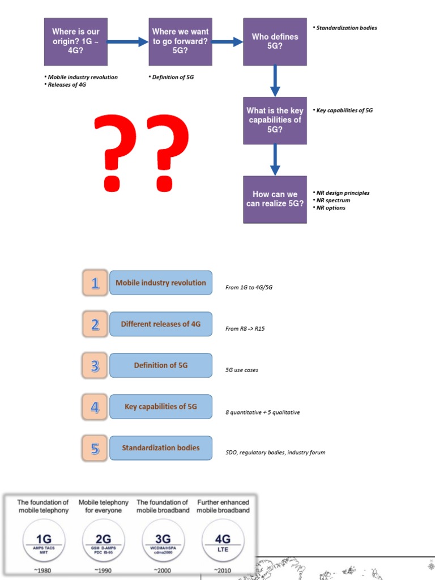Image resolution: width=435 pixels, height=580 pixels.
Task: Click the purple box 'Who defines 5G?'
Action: [x=275, y=41]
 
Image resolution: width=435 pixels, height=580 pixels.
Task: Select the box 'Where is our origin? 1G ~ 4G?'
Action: [x=76, y=41]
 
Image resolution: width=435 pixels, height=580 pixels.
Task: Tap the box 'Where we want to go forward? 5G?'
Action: [x=180, y=41]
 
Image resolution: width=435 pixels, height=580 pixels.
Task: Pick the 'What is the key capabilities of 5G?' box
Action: [x=275, y=120]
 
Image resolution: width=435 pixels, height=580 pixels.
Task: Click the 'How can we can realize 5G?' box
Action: [x=275, y=199]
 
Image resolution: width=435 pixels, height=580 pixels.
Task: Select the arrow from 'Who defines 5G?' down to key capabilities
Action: [x=275, y=80]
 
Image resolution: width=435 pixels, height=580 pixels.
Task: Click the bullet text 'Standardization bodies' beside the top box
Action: [x=346, y=28]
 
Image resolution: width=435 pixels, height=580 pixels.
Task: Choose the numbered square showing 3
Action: [x=95, y=365]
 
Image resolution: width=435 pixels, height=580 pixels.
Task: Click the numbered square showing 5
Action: [x=95, y=448]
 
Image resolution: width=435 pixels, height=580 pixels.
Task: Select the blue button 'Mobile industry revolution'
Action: [x=161, y=283]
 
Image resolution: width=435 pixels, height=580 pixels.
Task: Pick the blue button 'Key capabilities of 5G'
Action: [x=161, y=407]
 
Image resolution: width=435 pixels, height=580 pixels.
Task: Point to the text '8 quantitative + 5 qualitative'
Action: [x=262, y=412]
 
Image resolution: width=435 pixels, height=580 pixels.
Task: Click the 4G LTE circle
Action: [x=223, y=541]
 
